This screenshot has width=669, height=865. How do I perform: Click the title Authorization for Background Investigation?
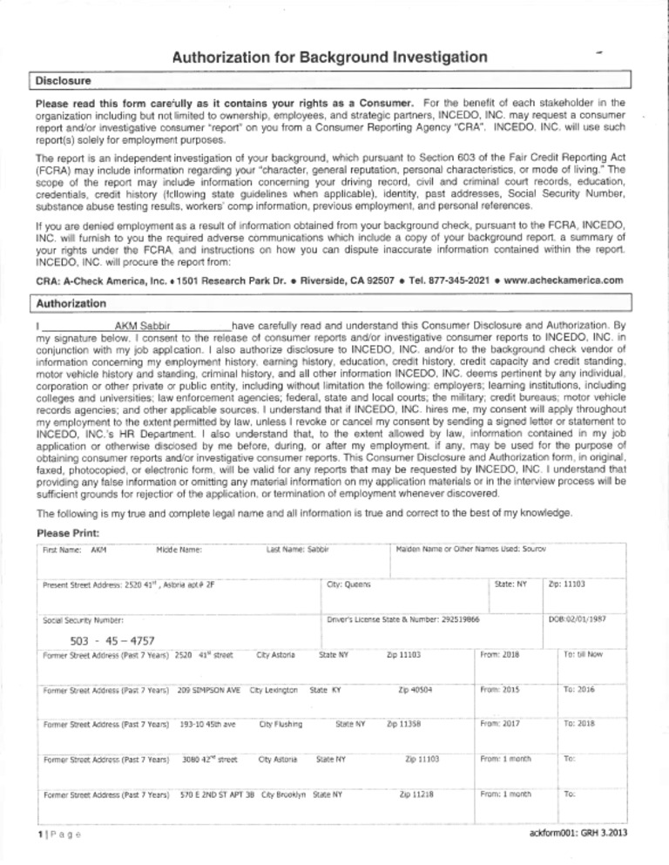click(x=330, y=58)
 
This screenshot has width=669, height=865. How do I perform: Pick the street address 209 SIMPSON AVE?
click(x=208, y=688)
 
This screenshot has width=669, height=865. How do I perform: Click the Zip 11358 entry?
click(x=404, y=722)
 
